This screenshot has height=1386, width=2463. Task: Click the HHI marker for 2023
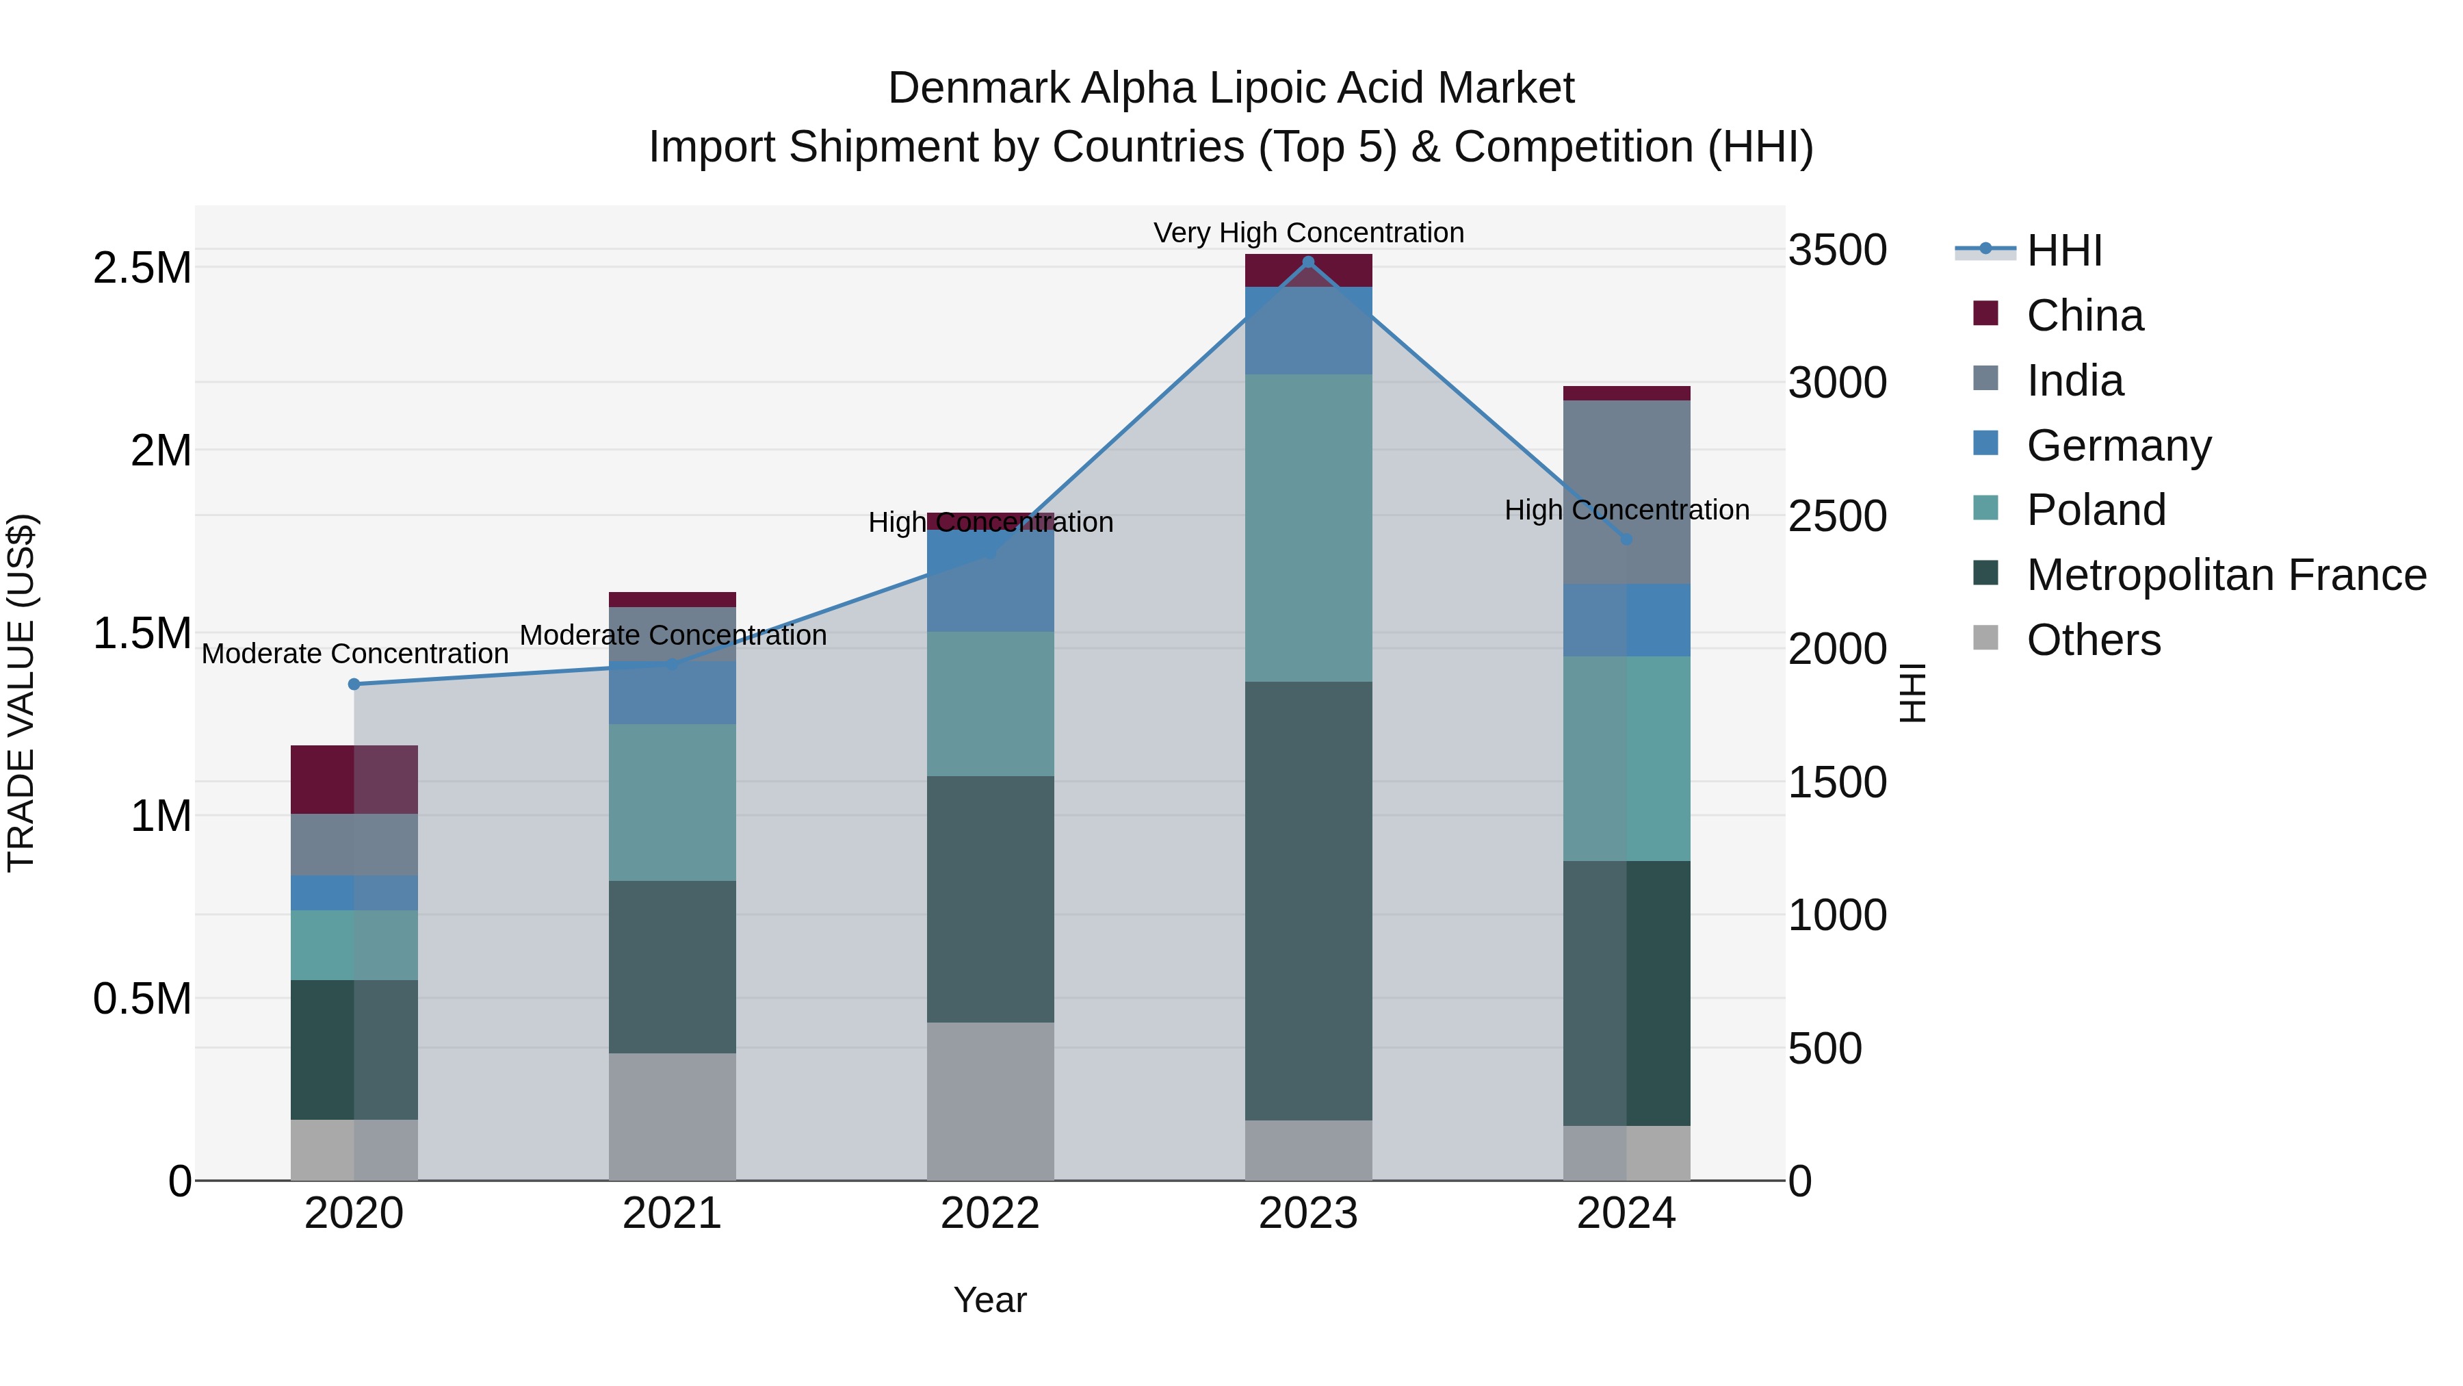(1308, 262)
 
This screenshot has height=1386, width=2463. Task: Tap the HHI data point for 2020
(354, 684)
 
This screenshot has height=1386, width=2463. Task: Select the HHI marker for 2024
(1626, 539)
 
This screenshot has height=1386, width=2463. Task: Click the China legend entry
(2085, 316)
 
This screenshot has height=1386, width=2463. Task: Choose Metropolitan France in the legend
(2226, 575)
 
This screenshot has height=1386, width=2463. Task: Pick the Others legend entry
(2093, 640)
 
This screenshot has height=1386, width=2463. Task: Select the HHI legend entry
(2063, 251)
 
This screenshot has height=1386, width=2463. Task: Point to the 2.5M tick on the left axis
(142, 268)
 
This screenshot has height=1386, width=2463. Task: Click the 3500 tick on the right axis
(1838, 251)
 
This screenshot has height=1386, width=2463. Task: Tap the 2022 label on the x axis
(989, 1214)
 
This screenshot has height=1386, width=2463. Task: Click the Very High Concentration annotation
(1308, 233)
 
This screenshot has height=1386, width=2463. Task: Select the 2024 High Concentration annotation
(1626, 510)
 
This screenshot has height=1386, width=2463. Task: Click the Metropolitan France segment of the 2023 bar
(1308, 899)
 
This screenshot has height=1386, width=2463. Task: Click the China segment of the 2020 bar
(354, 779)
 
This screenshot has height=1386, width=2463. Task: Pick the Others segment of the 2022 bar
(989, 1100)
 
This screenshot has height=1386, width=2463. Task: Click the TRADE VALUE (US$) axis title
(21, 693)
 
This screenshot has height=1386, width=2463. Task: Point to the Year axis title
(989, 1300)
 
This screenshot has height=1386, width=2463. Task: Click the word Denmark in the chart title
(978, 88)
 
